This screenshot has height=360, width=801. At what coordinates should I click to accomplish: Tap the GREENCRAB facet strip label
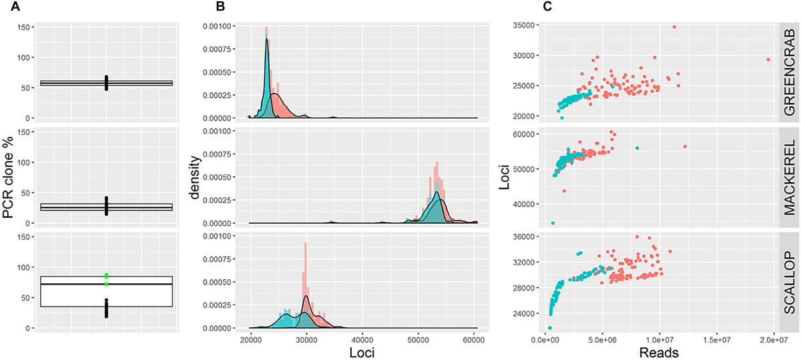(790, 73)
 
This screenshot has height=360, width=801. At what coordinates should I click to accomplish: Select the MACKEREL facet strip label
(790, 177)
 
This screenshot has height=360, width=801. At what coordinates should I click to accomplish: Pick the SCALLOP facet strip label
(790, 281)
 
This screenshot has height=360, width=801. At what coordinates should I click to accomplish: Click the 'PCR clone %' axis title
(9, 178)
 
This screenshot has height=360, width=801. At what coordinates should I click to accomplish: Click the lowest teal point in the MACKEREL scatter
(553, 223)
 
